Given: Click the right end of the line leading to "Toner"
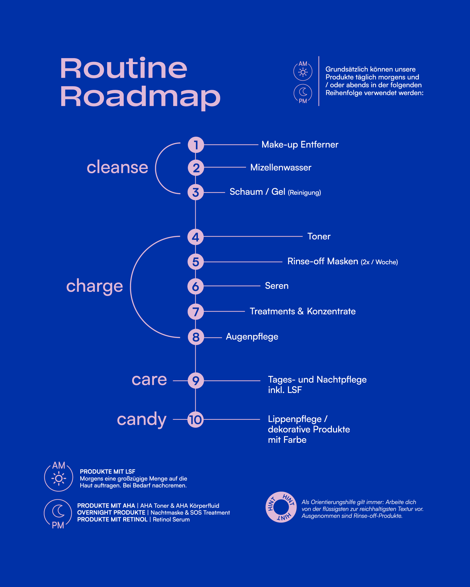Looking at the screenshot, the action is point(303,236).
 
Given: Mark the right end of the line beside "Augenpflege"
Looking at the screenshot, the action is point(222,337).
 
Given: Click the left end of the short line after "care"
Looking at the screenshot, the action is point(173,380).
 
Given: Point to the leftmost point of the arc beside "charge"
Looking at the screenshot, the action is point(131,287).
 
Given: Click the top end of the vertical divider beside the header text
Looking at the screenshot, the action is point(319,56).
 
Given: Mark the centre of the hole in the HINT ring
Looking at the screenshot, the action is point(281,507).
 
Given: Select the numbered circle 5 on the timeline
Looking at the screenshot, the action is point(196,262).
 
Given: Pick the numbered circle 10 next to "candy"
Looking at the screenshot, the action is point(195,419).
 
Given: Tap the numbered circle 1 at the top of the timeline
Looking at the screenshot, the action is point(196,145).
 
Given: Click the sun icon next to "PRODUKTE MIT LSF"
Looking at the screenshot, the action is point(59,478).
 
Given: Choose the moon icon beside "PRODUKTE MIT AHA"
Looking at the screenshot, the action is point(58,511).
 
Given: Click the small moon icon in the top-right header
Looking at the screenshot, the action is point(303,92).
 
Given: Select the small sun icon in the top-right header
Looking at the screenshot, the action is point(303,72).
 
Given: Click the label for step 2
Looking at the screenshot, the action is point(281,167).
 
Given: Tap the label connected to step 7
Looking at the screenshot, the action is point(303,311).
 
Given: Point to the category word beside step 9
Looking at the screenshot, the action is point(149,379).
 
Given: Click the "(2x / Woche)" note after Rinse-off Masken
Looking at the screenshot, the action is point(379,262).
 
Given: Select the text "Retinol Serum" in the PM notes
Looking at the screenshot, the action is point(171,519).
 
